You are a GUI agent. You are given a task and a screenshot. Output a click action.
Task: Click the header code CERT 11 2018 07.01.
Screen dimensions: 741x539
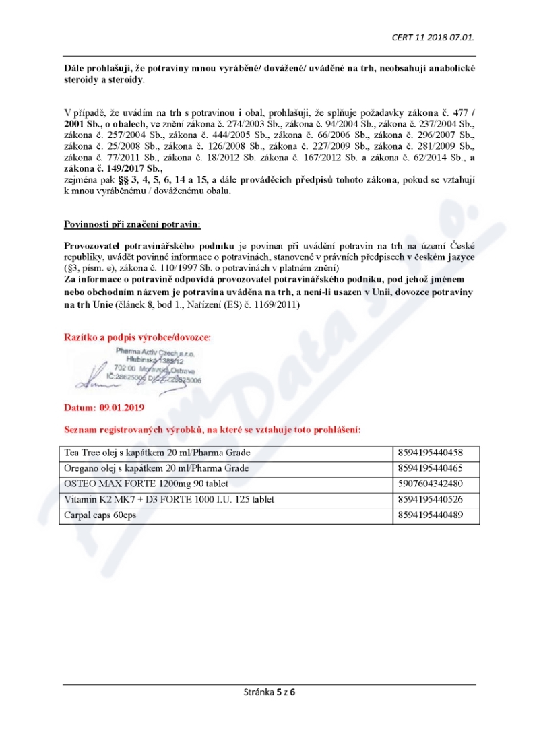pyautogui.click(x=437, y=37)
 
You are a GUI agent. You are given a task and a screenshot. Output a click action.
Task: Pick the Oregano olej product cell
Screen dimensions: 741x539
pyautogui.click(x=156, y=468)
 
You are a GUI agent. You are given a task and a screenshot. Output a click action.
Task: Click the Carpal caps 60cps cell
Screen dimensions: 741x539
pyautogui.click(x=102, y=515)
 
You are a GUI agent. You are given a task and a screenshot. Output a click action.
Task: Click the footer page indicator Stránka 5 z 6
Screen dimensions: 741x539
pyautogui.click(x=269, y=692)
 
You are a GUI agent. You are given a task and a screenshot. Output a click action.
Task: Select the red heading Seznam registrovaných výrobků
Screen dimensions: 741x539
pyautogui.click(x=212, y=429)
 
